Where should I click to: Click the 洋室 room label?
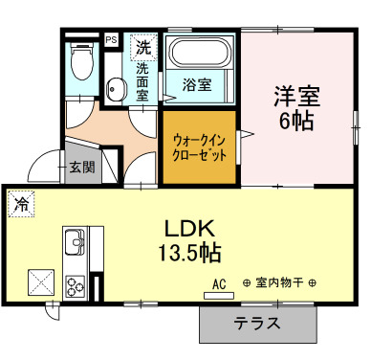(296, 96)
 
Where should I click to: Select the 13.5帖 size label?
(189, 254)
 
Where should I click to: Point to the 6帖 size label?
(296, 121)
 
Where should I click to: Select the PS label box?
(111, 39)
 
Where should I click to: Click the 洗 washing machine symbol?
(142, 45)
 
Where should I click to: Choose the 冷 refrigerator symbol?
(21, 203)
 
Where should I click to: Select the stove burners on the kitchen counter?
(75, 284)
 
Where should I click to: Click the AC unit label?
(218, 285)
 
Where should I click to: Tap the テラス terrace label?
(257, 324)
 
